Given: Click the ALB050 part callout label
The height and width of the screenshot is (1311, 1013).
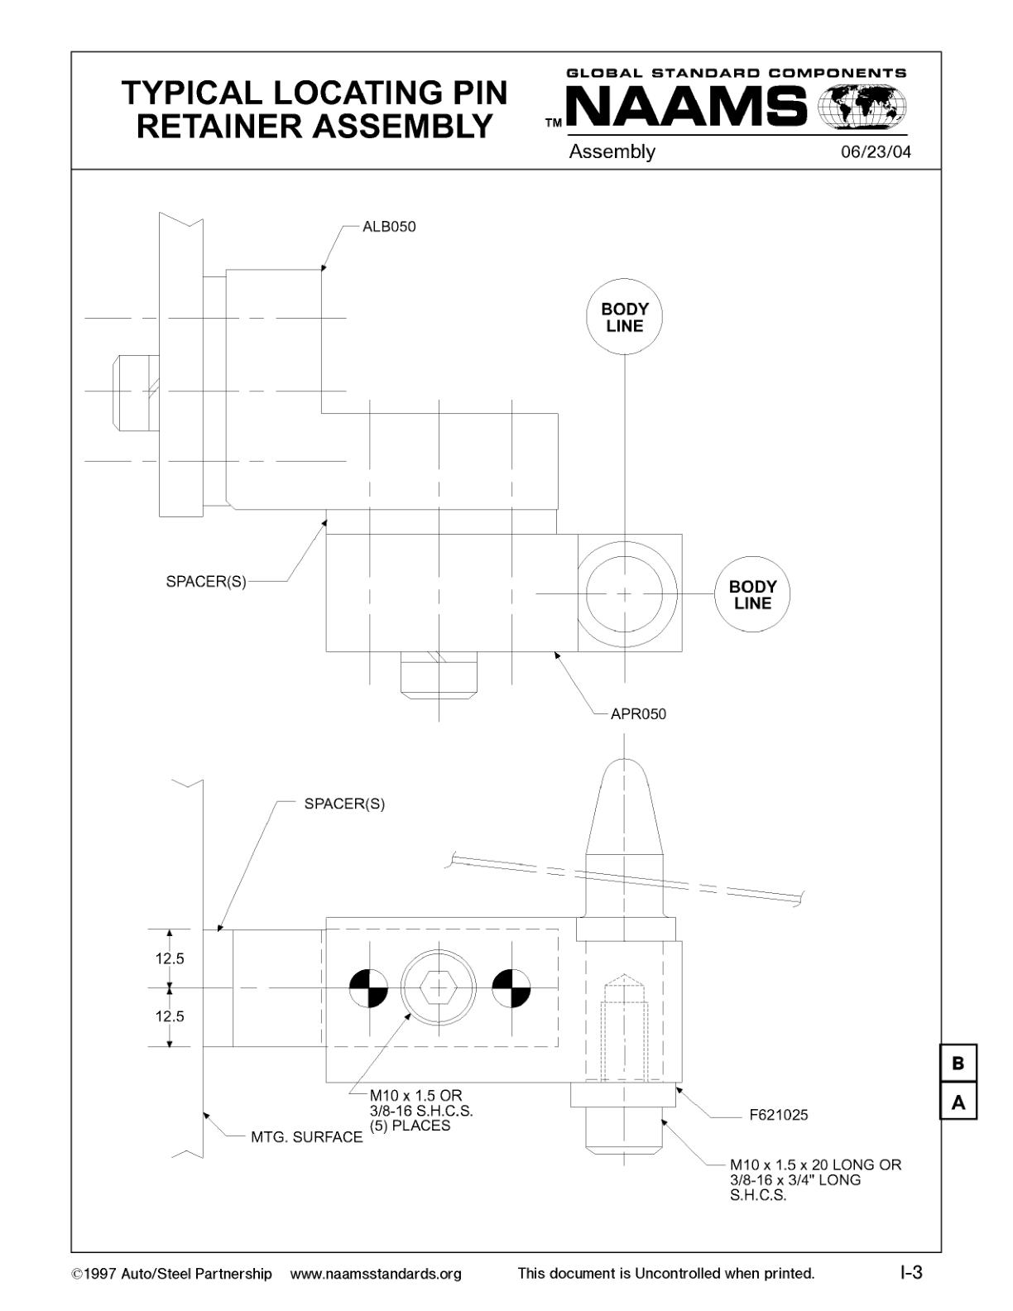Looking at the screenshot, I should coord(389,227).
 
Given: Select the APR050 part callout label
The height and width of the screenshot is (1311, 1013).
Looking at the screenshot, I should coord(638,713).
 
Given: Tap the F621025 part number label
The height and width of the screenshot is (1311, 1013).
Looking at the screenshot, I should coord(778,1115).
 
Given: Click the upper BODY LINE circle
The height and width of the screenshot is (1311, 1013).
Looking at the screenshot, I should coord(625,317).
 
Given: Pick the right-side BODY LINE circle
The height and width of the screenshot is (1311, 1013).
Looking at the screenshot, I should coord(752,594).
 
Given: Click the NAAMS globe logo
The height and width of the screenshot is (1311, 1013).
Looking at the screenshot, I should coord(862,108).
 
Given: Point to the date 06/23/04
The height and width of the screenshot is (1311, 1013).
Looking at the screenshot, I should coord(876,152).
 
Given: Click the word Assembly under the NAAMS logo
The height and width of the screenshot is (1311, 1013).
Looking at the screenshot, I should coord(612,151).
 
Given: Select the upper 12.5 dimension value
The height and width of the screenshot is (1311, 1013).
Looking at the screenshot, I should coord(170,959).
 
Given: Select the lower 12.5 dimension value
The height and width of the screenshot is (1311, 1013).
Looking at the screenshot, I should coord(170,1016).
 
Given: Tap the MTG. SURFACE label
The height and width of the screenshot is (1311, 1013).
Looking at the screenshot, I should coord(306,1137).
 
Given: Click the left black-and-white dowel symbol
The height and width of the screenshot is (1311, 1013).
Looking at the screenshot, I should coord(367,988).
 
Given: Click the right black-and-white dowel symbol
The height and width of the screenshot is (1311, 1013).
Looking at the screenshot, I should coord(511,988).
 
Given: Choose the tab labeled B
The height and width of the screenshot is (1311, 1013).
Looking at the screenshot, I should coord(958,1064).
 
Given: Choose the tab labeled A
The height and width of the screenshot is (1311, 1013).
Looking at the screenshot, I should coord(958,1102).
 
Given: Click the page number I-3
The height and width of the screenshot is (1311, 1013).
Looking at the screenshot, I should coord(911,1272).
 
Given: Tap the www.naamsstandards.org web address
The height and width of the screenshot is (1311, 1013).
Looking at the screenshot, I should coord(376,1274).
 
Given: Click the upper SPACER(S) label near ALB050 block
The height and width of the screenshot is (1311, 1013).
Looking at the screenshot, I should coord(206,581).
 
